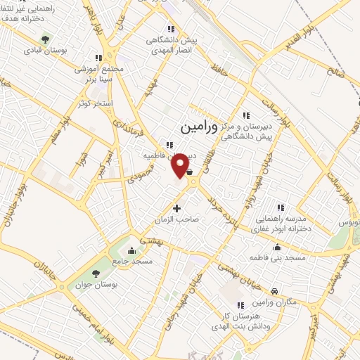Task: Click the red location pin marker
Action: pos(181,165)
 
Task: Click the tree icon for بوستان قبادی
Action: pos(45,39)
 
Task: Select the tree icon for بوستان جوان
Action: pos(96,274)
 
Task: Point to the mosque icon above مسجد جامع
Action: pos(131,250)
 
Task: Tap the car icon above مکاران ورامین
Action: pos(274,290)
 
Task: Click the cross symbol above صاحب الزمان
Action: pos(176,208)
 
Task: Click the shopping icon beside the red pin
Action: pos(191,169)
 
